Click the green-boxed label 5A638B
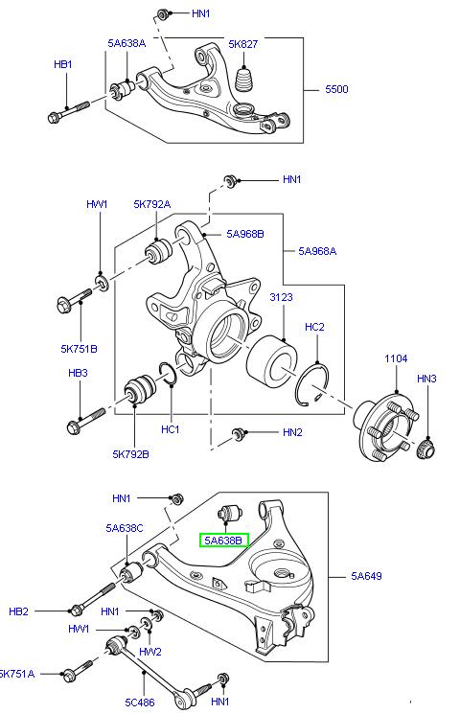(223, 541)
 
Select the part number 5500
(337, 90)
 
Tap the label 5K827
(243, 43)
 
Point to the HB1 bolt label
(62, 64)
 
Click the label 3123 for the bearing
(281, 297)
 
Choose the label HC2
(314, 328)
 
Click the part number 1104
(396, 358)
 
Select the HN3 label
(426, 379)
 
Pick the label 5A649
(366, 576)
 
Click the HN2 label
(292, 432)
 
